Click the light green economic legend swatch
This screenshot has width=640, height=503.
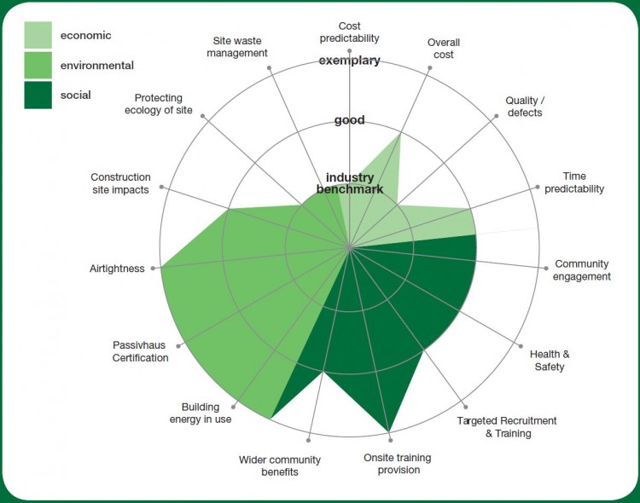tap(38, 35)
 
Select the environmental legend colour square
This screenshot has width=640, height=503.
tap(38, 65)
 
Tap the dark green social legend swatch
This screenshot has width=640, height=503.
tap(38, 95)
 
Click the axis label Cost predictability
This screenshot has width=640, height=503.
tap(349, 32)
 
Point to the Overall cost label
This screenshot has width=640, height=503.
tap(443, 49)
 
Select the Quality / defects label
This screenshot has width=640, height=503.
tap(523, 107)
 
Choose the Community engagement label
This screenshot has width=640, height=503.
tap(582, 270)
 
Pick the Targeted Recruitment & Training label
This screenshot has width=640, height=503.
tap(507, 427)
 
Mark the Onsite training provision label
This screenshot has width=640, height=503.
tap(397, 464)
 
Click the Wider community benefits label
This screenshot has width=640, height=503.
tap(280, 465)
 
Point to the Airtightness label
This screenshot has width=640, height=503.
tap(117, 269)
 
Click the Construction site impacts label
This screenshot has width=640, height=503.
tap(120, 183)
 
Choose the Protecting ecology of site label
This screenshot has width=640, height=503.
tap(159, 104)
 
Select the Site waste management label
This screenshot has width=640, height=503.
tap(237, 47)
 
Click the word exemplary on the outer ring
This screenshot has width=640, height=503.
tap(349, 61)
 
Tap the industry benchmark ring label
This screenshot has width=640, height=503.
tap(349, 183)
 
